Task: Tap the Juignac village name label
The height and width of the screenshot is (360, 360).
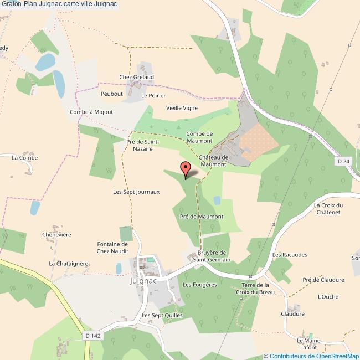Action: click(143, 281)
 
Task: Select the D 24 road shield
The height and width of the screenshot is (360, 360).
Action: click(343, 161)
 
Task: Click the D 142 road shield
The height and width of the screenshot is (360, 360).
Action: click(92, 336)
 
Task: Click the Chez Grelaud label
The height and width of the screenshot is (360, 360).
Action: click(136, 77)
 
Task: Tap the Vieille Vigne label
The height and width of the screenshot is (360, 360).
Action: click(182, 108)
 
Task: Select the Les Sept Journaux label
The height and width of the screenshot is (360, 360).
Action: click(136, 192)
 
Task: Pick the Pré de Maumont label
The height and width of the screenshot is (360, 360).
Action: click(202, 216)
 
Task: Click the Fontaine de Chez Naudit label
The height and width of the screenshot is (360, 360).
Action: click(112, 248)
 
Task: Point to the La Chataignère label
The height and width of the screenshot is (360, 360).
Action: click(69, 264)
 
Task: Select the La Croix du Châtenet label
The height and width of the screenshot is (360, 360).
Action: click(329, 209)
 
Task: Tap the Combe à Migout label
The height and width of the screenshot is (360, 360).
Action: click(91, 111)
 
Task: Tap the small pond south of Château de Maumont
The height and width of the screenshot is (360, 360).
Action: click(217, 200)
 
